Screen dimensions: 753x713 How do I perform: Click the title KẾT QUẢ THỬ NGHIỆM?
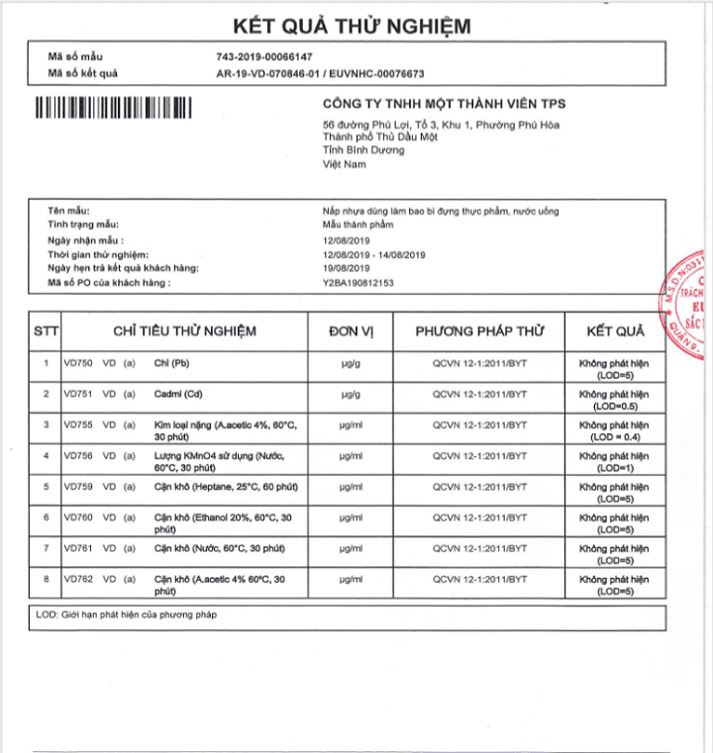point(352,26)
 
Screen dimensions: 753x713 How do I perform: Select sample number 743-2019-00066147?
point(263,56)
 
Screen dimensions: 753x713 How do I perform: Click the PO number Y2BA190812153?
point(357,282)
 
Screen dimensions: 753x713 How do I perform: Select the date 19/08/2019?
point(346,268)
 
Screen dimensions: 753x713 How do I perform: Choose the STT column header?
point(46,330)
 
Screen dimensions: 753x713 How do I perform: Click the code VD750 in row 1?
point(76,363)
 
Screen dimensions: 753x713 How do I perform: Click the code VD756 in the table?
point(76,456)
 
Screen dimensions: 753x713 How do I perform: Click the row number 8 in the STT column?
point(46,579)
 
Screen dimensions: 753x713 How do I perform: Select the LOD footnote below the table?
point(126,614)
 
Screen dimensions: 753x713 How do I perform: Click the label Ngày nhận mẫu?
point(85,240)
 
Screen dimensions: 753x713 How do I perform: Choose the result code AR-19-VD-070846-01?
point(270,72)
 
